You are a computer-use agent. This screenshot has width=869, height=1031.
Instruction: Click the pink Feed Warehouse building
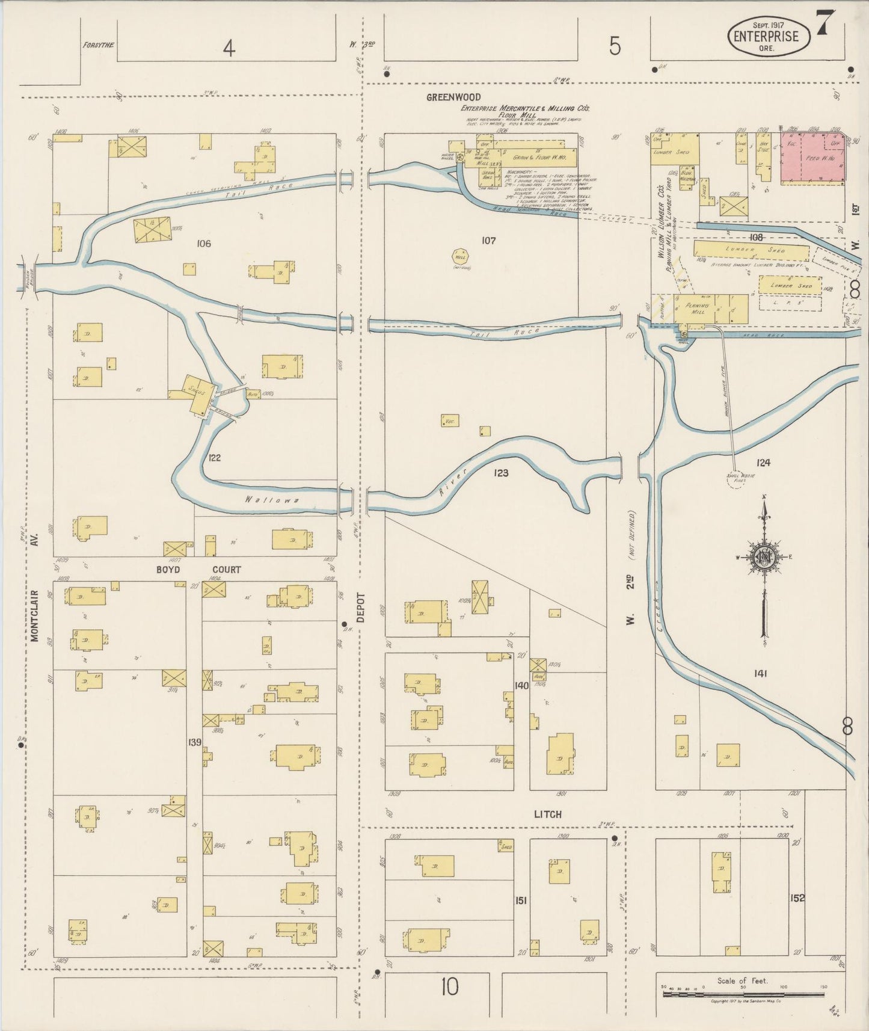point(812,158)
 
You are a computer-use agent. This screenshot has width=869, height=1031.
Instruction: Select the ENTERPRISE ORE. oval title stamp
point(769,37)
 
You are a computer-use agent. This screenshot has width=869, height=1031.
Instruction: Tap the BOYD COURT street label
point(199,569)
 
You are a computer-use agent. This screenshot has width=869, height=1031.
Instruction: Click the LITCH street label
point(547,814)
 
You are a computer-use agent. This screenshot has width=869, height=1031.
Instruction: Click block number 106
point(204,243)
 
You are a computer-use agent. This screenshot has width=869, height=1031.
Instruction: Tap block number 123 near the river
point(500,473)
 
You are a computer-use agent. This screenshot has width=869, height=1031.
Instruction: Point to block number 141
point(760,674)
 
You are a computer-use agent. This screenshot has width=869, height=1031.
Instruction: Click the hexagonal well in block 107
point(460,256)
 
